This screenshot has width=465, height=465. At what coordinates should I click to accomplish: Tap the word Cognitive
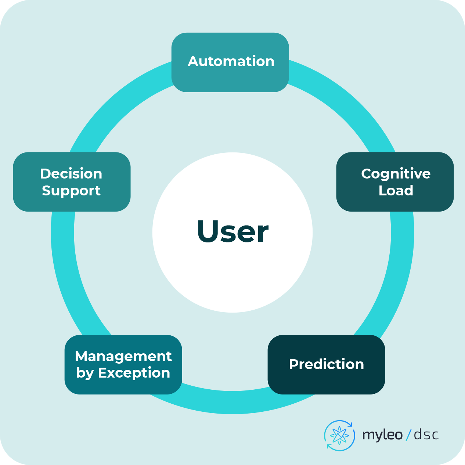pyautogui.click(x=396, y=174)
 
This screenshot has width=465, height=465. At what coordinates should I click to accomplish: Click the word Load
pyautogui.click(x=396, y=191)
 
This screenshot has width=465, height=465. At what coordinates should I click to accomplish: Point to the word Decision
pyautogui.click(x=71, y=174)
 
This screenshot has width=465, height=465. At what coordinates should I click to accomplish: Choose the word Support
pyautogui.click(x=71, y=191)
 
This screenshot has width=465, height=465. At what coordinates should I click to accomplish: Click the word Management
pyautogui.click(x=123, y=356)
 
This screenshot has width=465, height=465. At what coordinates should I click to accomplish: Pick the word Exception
pyautogui.click(x=134, y=373)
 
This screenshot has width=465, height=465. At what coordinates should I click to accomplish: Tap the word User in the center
pyautogui.click(x=232, y=232)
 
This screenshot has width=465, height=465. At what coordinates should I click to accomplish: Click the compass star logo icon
pyautogui.click(x=339, y=436)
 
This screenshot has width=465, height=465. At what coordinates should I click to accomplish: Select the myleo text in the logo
pyautogui.click(x=382, y=435)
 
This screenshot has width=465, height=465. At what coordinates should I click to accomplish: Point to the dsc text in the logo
pyautogui.click(x=426, y=435)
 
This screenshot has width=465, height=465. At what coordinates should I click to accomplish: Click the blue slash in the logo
pyautogui.click(x=409, y=435)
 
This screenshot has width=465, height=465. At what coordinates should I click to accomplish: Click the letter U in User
pyautogui.click(x=208, y=231)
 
